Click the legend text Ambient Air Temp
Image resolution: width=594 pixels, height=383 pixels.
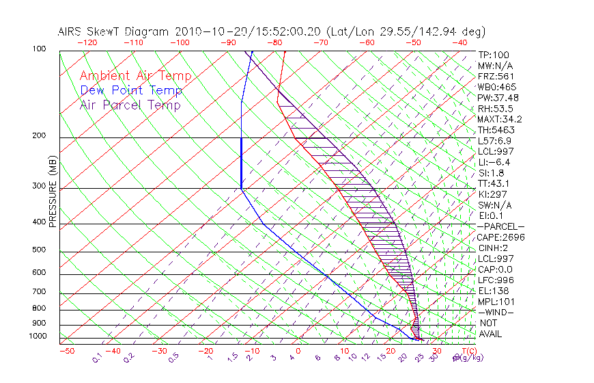click(135, 76)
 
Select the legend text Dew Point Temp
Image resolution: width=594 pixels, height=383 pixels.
click(131, 90)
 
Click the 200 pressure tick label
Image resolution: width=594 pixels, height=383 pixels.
click(39, 135)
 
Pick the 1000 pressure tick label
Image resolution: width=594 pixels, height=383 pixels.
click(37, 336)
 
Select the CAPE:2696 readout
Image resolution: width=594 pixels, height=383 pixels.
click(501, 237)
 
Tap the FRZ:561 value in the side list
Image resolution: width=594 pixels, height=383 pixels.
click(496, 76)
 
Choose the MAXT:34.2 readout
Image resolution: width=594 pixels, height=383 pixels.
click(501, 119)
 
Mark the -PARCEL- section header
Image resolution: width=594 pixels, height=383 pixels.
click(500, 226)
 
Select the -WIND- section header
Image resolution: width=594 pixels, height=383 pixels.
click(496, 312)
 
